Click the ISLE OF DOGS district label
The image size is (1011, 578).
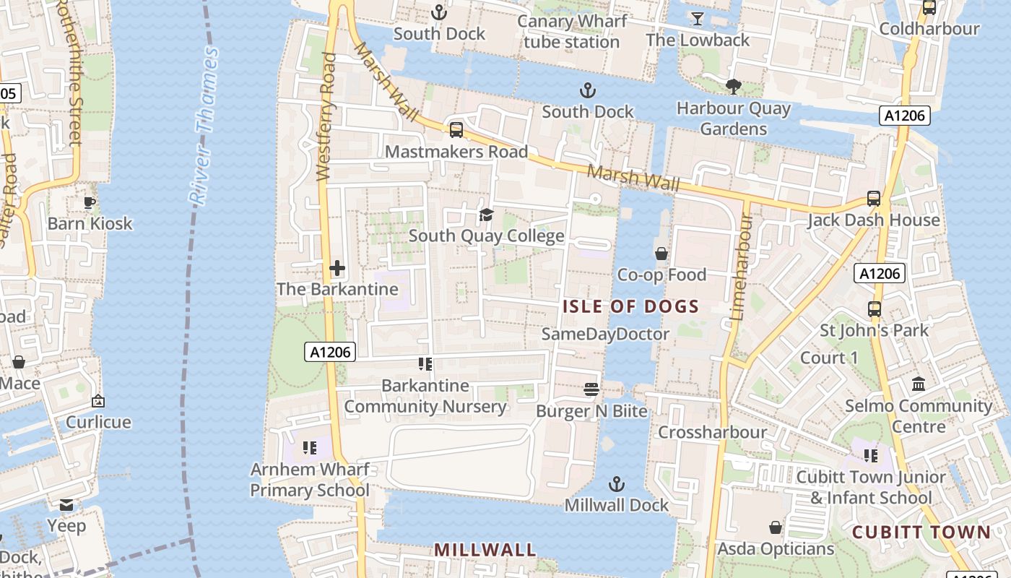click(x=630, y=306)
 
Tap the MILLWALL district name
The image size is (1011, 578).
click(x=485, y=550)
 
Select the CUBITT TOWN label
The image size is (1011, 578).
click(x=921, y=532)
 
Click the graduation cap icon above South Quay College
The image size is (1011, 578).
click(x=486, y=215)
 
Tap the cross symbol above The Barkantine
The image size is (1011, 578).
click(x=337, y=269)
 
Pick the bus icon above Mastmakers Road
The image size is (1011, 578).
click(x=456, y=130)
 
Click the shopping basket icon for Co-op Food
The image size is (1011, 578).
click(x=661, y=254)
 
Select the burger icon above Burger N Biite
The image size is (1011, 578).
click(x=591, y=390)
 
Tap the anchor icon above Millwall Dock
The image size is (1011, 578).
click(x=616, y=483)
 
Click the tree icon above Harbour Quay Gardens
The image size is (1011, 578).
click(x=734, y=87)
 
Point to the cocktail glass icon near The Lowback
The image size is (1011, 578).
click(x=697, y=19)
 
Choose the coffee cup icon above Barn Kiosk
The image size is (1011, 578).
click(x=90, y=202)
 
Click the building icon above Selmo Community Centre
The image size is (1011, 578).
click(x=919, y=384)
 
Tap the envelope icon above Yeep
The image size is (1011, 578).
click(x=66, y=504)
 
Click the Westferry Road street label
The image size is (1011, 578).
click(x=326, y=116)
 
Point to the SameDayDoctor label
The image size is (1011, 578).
click(x=605, y=334)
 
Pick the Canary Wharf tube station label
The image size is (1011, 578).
click(x=571, y=31)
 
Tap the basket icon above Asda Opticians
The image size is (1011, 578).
click(x=776, y=527)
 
